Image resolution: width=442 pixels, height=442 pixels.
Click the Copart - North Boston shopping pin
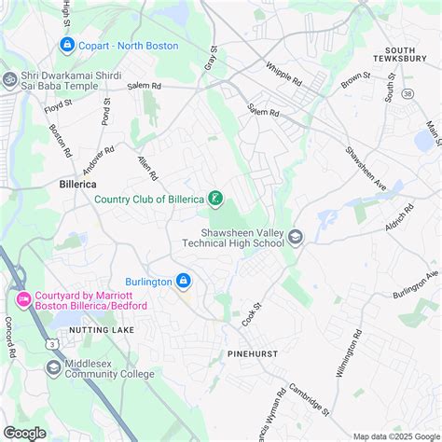pyautogui.click(x=66, y=45)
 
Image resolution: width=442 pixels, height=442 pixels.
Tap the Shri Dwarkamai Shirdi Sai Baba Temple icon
pyautogui.click(x=9, y=79)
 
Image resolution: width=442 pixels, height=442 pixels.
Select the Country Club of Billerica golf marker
pyautogui.click(x=215, y=198)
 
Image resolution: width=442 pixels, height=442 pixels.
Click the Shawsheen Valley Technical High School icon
pyautogui.click(x=296, y=237)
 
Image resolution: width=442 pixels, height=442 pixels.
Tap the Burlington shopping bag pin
pyautogui.click(x=184, y=281)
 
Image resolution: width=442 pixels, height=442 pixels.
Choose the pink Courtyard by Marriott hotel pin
pyautogui.click(x=23, y=299)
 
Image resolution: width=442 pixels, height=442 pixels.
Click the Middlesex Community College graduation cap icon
pyautogui.click(x=53, y=368)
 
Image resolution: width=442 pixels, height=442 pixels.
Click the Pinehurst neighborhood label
pyautogui.click(x=253, y=354)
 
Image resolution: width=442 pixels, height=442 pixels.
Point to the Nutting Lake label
pyautogui.click(x=93, y=330)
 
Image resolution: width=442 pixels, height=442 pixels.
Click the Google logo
pyautogui.click(x=24, y=433)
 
